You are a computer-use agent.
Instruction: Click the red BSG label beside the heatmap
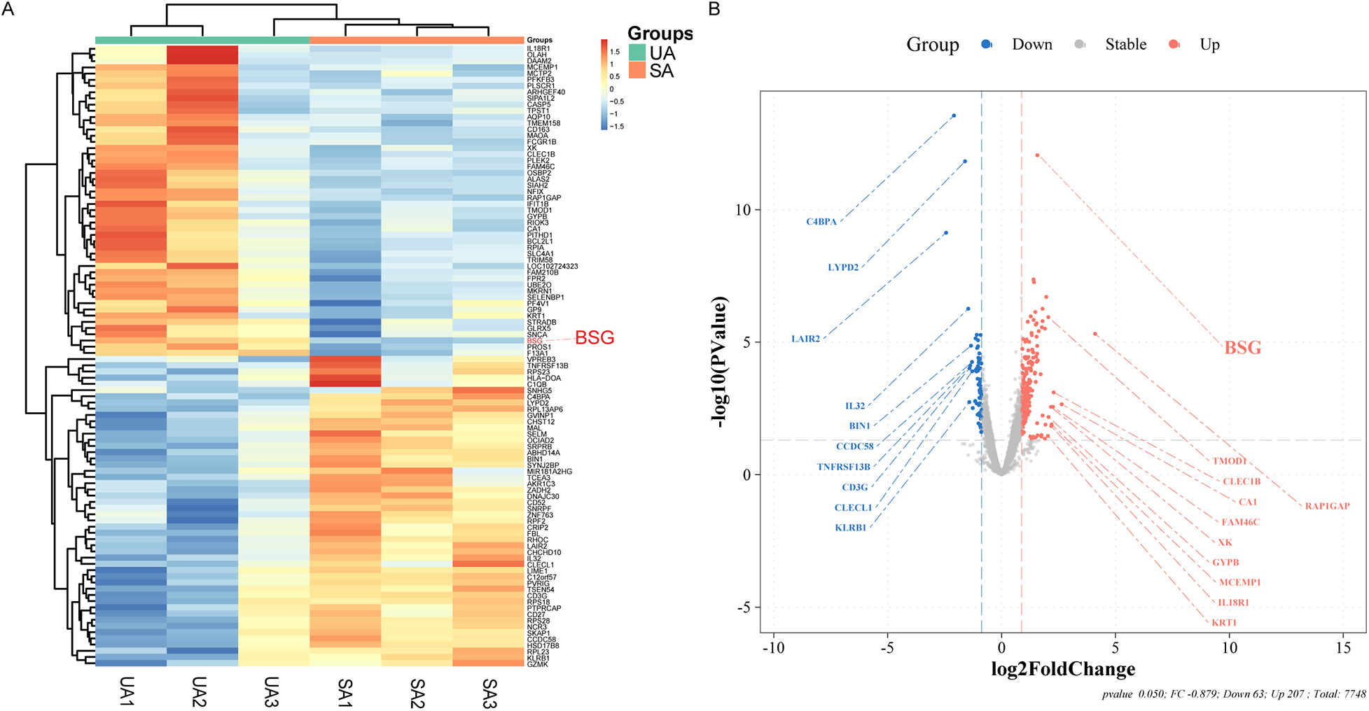click(595, 338)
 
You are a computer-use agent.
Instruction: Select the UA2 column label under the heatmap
click(199, 692)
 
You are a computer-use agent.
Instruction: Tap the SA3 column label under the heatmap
click(488, 694)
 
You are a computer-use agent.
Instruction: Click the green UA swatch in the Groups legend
click(637, 53)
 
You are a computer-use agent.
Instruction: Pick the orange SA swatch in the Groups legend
click(637, 71)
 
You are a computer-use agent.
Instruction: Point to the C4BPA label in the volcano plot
click(821, 222)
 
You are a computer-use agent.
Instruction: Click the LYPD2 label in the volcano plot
click(843, 267)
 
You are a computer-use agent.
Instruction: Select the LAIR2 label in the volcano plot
click(805, 339)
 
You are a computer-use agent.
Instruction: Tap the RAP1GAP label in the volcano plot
click(1327, 506)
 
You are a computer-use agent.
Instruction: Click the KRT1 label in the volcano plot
click(1224, 623)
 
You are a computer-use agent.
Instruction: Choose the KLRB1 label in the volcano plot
click(850, 528)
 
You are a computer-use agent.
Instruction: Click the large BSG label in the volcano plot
click(1242, 348)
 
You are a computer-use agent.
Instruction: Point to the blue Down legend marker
click(987, 45)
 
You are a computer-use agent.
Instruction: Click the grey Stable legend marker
click(1080, 45)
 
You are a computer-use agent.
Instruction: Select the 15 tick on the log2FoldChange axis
click(1343, 648)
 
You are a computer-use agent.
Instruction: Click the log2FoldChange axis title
click(1063, 670)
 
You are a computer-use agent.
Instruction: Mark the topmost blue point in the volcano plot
click(954, 116)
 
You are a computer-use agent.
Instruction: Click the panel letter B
click(714, 9)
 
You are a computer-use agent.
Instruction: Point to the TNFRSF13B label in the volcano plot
click(843, 467)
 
